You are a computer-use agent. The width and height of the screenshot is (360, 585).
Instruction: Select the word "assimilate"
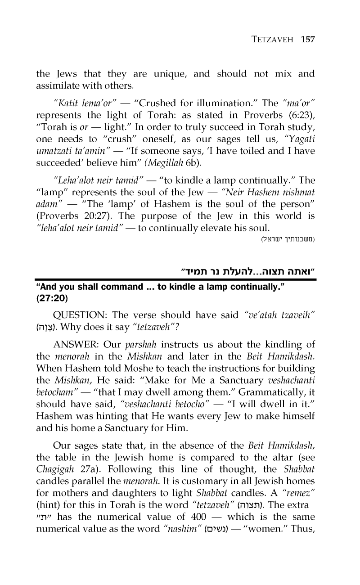coord(59,85)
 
